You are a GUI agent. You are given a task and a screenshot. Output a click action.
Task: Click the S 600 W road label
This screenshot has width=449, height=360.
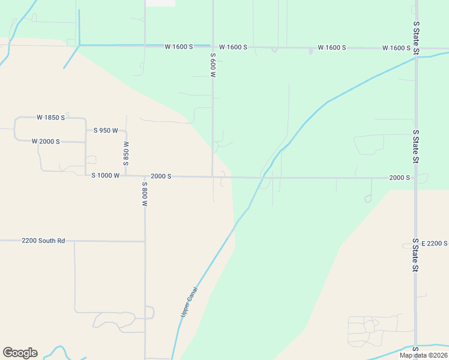212,64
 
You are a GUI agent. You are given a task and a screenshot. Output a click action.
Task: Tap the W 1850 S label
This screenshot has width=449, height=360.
50,118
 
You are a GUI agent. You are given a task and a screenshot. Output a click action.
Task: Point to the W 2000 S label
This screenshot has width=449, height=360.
46,142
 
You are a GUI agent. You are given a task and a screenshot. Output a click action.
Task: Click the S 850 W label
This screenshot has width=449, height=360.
126,154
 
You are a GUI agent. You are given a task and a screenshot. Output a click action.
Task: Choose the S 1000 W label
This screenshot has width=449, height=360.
106,176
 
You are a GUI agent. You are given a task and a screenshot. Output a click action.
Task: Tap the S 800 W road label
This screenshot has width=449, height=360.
145,194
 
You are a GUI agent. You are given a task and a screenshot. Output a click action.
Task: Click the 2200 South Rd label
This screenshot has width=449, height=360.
43,241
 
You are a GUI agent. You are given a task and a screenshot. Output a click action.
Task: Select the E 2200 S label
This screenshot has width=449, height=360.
435,243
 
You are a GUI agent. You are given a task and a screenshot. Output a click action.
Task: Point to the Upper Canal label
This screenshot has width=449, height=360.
189,302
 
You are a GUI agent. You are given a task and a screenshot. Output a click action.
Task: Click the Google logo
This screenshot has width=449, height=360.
20,353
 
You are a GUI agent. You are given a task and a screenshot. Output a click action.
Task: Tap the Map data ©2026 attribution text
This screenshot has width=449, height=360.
423,355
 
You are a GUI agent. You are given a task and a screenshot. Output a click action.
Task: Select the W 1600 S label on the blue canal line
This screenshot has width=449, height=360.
179,47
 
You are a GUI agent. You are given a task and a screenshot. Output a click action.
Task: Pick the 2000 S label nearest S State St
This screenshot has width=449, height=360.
399,178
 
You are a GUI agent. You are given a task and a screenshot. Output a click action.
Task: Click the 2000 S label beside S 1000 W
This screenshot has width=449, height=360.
161,176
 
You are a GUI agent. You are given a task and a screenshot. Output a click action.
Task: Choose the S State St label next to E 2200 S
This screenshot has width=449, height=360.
415,255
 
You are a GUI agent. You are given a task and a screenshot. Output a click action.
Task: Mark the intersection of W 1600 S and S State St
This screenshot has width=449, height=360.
416,48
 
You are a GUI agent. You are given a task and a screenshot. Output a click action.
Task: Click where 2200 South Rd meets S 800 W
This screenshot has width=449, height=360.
145,241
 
